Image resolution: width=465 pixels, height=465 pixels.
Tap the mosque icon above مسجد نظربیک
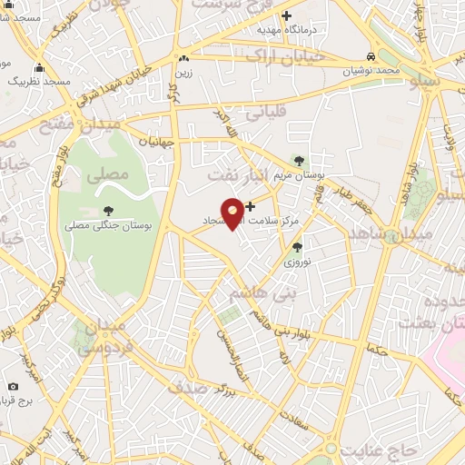(39, 67)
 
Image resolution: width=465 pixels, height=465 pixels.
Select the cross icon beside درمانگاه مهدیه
(287, 15)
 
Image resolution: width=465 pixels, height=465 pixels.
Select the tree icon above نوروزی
(297, 246)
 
